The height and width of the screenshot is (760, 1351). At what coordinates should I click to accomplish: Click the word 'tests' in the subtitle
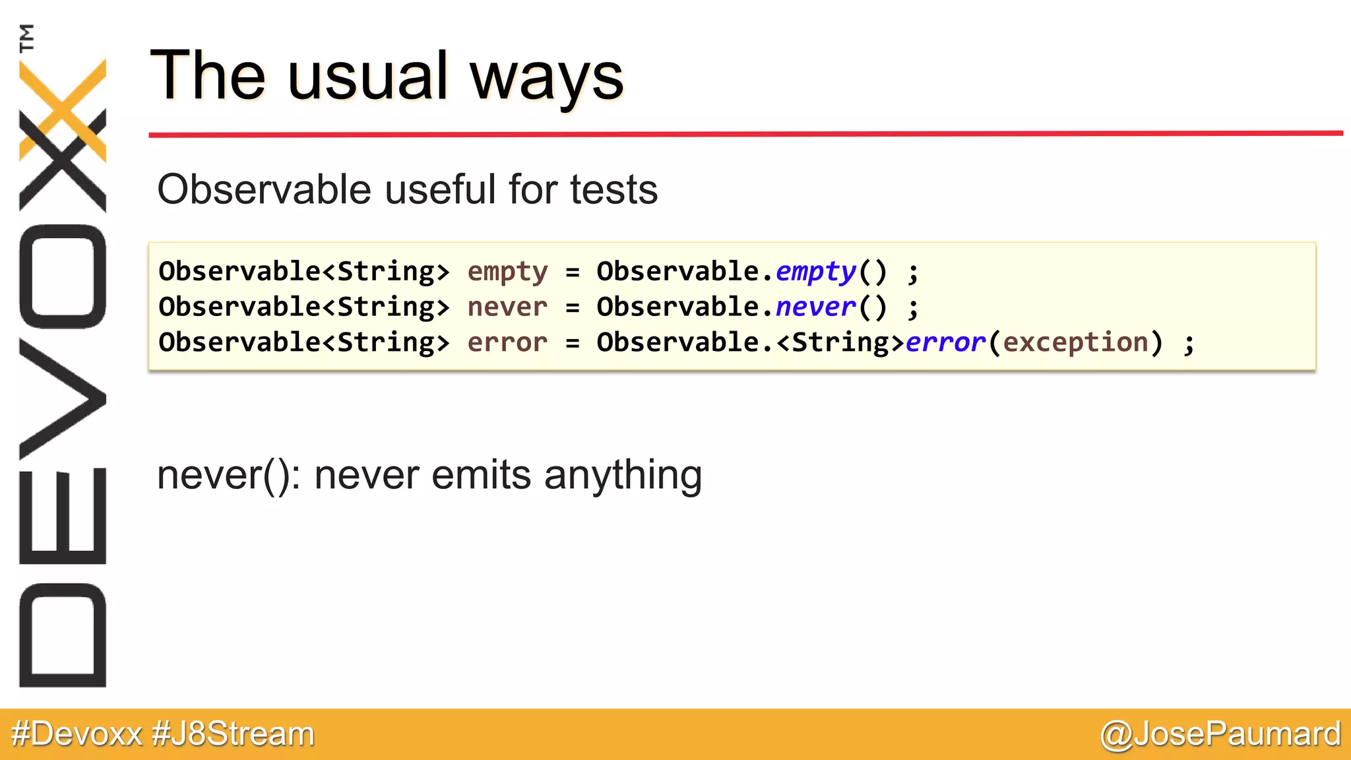click(613, 190)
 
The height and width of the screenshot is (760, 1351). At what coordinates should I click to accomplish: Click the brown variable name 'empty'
click(507, 272)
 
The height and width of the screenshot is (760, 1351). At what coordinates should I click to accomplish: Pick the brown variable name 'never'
click(507, 307)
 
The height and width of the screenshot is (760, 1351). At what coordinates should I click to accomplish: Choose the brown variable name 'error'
click(507, 343)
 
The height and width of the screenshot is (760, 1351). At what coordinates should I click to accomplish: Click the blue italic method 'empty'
click(815, 272)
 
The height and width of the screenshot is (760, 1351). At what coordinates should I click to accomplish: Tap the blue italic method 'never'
click(815, 307)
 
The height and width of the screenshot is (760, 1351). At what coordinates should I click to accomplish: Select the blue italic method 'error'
click(945, 343)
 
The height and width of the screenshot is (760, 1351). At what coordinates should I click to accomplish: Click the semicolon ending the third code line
click(1189, 344)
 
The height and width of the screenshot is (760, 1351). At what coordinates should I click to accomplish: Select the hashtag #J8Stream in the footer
click(233, 734)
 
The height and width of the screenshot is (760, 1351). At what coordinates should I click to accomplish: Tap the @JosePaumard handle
click(1220, 734)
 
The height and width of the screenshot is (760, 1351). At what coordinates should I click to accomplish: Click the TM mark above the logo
click(26, 38)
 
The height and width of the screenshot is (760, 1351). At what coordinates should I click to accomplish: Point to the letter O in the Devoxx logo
click(63, 276)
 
